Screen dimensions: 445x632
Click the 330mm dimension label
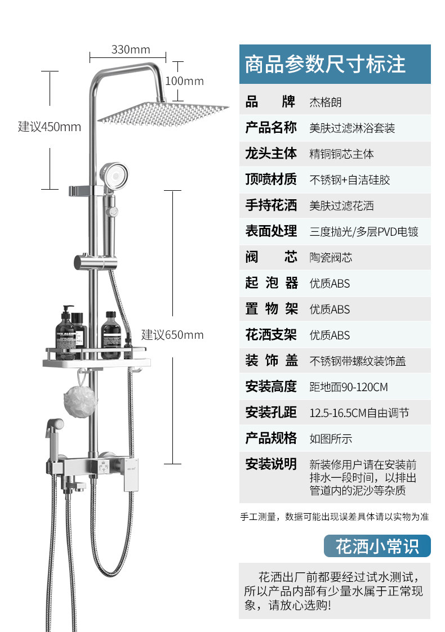(x=131, y=50)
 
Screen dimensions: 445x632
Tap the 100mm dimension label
(x=184, y=81)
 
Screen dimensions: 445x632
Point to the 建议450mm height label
(x=50, y=127)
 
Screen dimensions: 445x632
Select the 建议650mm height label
(x=172, y=335)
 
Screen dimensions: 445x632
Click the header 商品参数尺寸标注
(x=325, y=64)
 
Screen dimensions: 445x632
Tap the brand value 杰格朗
(x=326, y=102)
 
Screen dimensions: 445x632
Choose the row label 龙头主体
(x=271, y=154)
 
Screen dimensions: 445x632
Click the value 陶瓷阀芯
(x=331, y=258)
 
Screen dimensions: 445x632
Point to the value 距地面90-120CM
(x=348, y=387)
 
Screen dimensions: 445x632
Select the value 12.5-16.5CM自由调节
(x=359, y=413)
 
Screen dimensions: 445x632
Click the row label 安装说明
(x=271, y=464)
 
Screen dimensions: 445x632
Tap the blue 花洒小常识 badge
(x=377, y=546)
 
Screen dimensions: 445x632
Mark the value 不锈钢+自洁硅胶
(x=349, y=180)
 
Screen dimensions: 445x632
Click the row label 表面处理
(x=271, y=231)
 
